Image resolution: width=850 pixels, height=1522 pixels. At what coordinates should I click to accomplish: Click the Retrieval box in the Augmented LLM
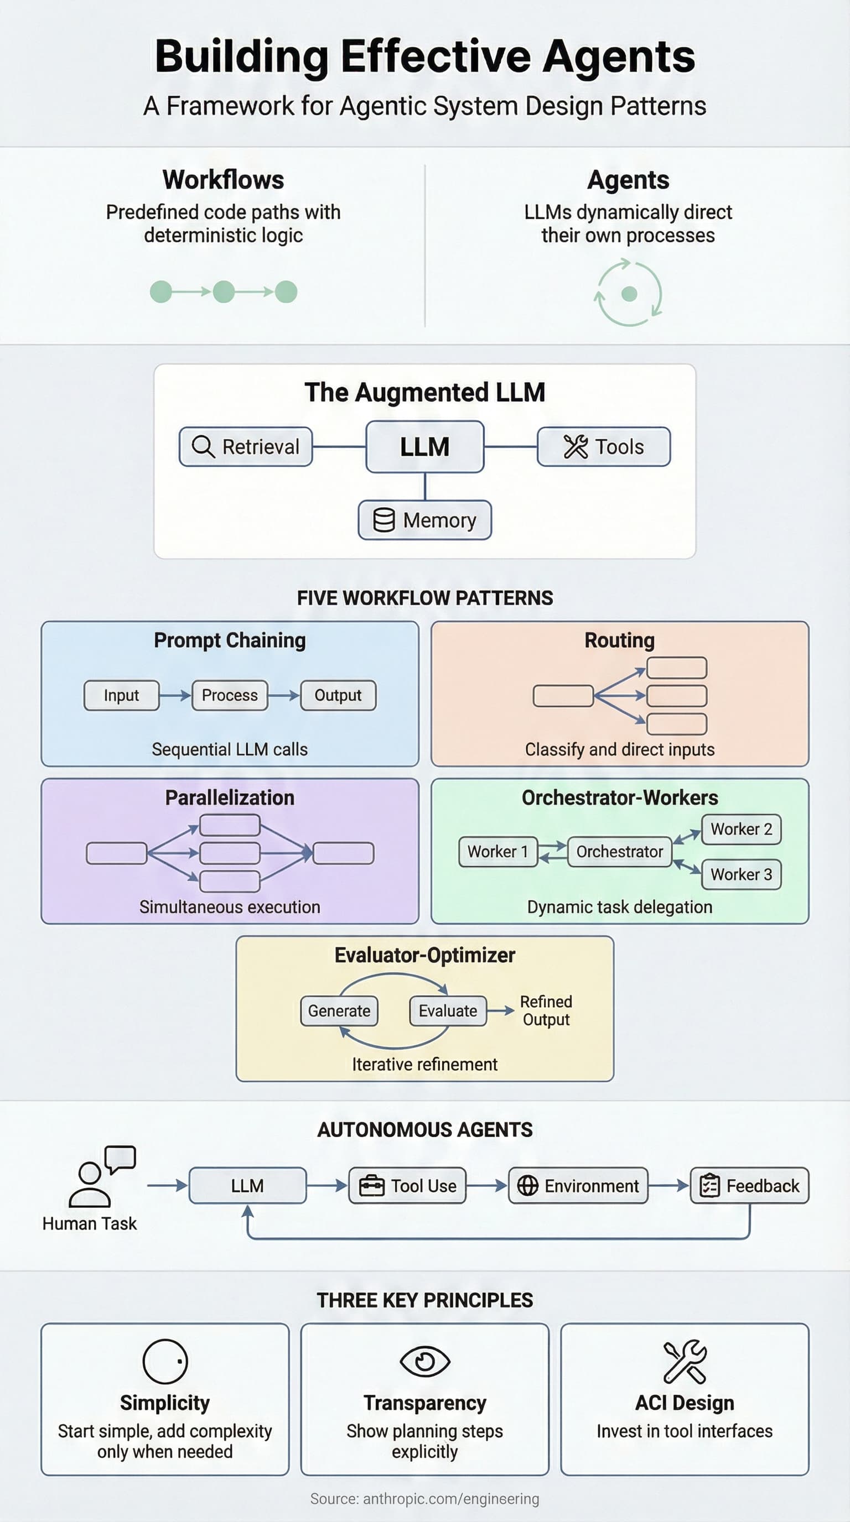[246, 447]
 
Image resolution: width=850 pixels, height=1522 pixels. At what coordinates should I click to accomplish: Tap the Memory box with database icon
[424, 520]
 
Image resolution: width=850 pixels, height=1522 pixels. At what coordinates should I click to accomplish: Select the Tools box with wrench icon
[604, 447]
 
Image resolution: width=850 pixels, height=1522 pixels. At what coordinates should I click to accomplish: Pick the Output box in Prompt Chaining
[338, 695]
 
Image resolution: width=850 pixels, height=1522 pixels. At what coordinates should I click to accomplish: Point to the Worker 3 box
[740, 874]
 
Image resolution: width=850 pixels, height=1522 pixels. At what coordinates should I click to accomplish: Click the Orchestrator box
[619, 851]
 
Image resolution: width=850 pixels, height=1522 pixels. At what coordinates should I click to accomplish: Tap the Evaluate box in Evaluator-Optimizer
[448, 1010]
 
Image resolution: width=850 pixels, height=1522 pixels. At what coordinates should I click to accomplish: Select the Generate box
[339, 1010]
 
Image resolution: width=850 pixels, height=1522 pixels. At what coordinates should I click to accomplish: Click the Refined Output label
[546, 1010]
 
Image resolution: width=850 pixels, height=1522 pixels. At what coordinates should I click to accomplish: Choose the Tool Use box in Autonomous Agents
[407, 1185]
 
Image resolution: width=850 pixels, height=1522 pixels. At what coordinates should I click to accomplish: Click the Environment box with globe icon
[578, 1185]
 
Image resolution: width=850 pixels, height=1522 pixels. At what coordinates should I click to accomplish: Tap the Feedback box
[749, 1185]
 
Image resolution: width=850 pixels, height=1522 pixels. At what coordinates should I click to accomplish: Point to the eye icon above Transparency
[424, 1361]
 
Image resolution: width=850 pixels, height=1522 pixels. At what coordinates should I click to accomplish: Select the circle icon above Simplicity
[165, 1361]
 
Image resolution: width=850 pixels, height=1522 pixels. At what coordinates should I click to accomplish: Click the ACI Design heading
[684, 1403]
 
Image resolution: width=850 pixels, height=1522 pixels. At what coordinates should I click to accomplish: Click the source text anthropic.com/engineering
[424, 1498]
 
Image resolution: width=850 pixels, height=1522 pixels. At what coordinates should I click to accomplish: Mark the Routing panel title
[619, 640]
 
